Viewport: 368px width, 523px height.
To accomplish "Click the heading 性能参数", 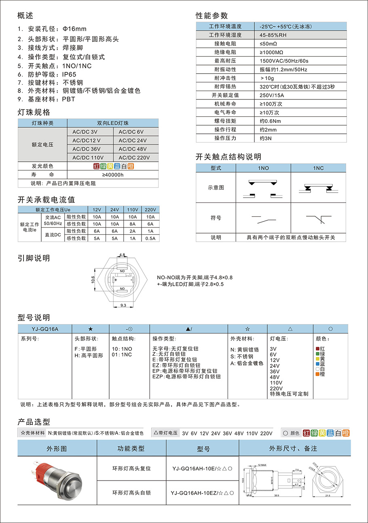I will pos(212,15).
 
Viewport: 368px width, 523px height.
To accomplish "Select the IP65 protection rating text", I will pos(69,74).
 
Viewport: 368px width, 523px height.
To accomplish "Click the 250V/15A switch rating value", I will pos(272,95).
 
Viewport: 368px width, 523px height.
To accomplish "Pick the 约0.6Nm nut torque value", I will pos(270,121).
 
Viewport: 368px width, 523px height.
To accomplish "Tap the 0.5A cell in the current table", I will pos(150,238).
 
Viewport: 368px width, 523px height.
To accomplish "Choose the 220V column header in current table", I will pos(150,209).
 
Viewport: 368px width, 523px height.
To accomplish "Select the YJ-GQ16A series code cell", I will pos(45,329).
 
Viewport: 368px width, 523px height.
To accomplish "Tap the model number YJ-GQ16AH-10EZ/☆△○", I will pos(201,493).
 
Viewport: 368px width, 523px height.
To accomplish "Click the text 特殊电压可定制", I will pos(289,394).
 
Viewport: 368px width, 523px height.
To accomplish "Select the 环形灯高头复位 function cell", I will pos(131,468).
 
